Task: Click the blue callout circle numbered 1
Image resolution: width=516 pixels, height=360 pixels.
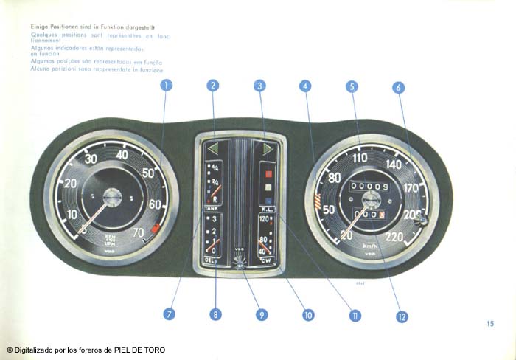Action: (x=167, y=85)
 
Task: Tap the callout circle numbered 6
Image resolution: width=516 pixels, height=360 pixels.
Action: (x=399, y=87)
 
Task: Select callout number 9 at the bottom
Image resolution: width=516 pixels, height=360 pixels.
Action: (x=262, y=314)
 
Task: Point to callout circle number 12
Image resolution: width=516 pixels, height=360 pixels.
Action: (x=402, y=316)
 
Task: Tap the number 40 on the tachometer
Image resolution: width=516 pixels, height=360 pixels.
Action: (x=122, y=154)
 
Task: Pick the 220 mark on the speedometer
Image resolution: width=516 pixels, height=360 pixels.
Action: (x=395, y=238)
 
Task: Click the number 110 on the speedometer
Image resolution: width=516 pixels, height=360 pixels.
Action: (x=360, y=158)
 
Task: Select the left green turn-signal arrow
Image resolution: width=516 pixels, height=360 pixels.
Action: (x=213, y=148)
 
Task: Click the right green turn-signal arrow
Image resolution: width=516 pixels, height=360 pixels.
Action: (x=268, y=148)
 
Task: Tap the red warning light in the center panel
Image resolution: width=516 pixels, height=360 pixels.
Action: (x=268, y=176)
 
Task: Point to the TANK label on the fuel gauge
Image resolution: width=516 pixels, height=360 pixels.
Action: (x=210, y=209)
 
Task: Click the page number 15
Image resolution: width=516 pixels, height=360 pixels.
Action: (x=490, y=323)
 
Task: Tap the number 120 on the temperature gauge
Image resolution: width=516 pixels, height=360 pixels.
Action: (x=264, y=219)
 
